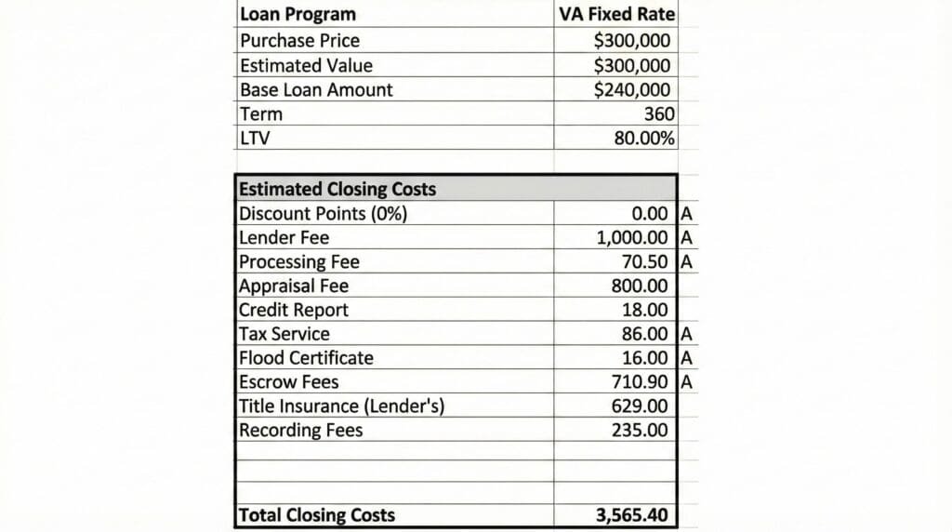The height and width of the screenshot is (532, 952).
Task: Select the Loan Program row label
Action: [x=297, y=15]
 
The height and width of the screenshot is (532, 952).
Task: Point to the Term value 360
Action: [x=658, y=114]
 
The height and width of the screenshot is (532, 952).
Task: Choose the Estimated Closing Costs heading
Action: [x=337, y=189]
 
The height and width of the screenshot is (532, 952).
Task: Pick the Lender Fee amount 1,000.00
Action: [x=632, y=237]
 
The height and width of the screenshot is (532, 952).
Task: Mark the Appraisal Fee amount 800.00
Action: [x=639, y=286]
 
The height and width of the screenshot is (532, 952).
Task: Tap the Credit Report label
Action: [x=293, y=310]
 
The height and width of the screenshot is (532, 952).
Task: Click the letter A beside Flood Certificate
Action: [x=687, y=358]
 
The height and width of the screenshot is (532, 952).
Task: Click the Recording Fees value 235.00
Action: [x=639, y=431]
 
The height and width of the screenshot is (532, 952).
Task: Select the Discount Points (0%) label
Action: [x=323, y=213]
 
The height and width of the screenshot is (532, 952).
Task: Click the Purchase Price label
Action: [x=298, y=41]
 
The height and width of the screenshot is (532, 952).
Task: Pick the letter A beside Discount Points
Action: [x=687, y=213]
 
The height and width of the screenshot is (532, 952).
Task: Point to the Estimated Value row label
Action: [x=305, y=66]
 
